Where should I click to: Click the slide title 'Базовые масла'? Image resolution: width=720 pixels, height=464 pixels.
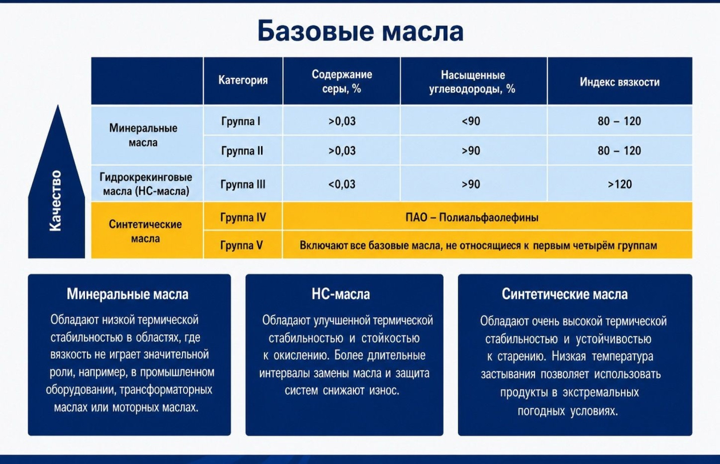[360, 31]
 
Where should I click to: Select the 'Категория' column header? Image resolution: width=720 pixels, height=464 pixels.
[243, 80]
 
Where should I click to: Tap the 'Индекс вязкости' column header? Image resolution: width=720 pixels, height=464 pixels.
[619, 82]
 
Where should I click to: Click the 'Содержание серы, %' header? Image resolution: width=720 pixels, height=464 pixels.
[342, 81]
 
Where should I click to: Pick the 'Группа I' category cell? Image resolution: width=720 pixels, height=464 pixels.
[241, 121]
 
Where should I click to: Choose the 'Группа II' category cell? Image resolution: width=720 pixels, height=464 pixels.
[242, 151]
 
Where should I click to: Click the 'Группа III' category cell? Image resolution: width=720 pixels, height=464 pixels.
[243, 184]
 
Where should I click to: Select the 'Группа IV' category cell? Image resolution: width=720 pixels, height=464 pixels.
[243, 217]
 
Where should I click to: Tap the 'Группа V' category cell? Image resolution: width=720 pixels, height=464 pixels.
[241, 245]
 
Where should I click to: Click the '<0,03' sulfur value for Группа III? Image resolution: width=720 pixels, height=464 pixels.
[342, 184]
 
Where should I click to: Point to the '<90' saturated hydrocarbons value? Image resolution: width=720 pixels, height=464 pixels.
[471, 121]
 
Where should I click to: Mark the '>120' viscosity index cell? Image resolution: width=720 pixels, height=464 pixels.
[620, 184]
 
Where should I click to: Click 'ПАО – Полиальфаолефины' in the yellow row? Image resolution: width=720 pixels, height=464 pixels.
[472, 217]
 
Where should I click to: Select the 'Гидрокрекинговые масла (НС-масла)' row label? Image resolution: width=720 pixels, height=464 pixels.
[146, 184]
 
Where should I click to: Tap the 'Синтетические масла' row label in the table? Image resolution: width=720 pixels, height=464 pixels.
[145, 231]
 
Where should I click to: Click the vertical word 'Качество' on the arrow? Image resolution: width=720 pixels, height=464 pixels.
[55, 201]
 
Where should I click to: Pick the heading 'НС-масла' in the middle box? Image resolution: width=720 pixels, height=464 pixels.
[341, 294]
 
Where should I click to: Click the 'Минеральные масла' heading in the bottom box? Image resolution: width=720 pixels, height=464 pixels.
[127, 294]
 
